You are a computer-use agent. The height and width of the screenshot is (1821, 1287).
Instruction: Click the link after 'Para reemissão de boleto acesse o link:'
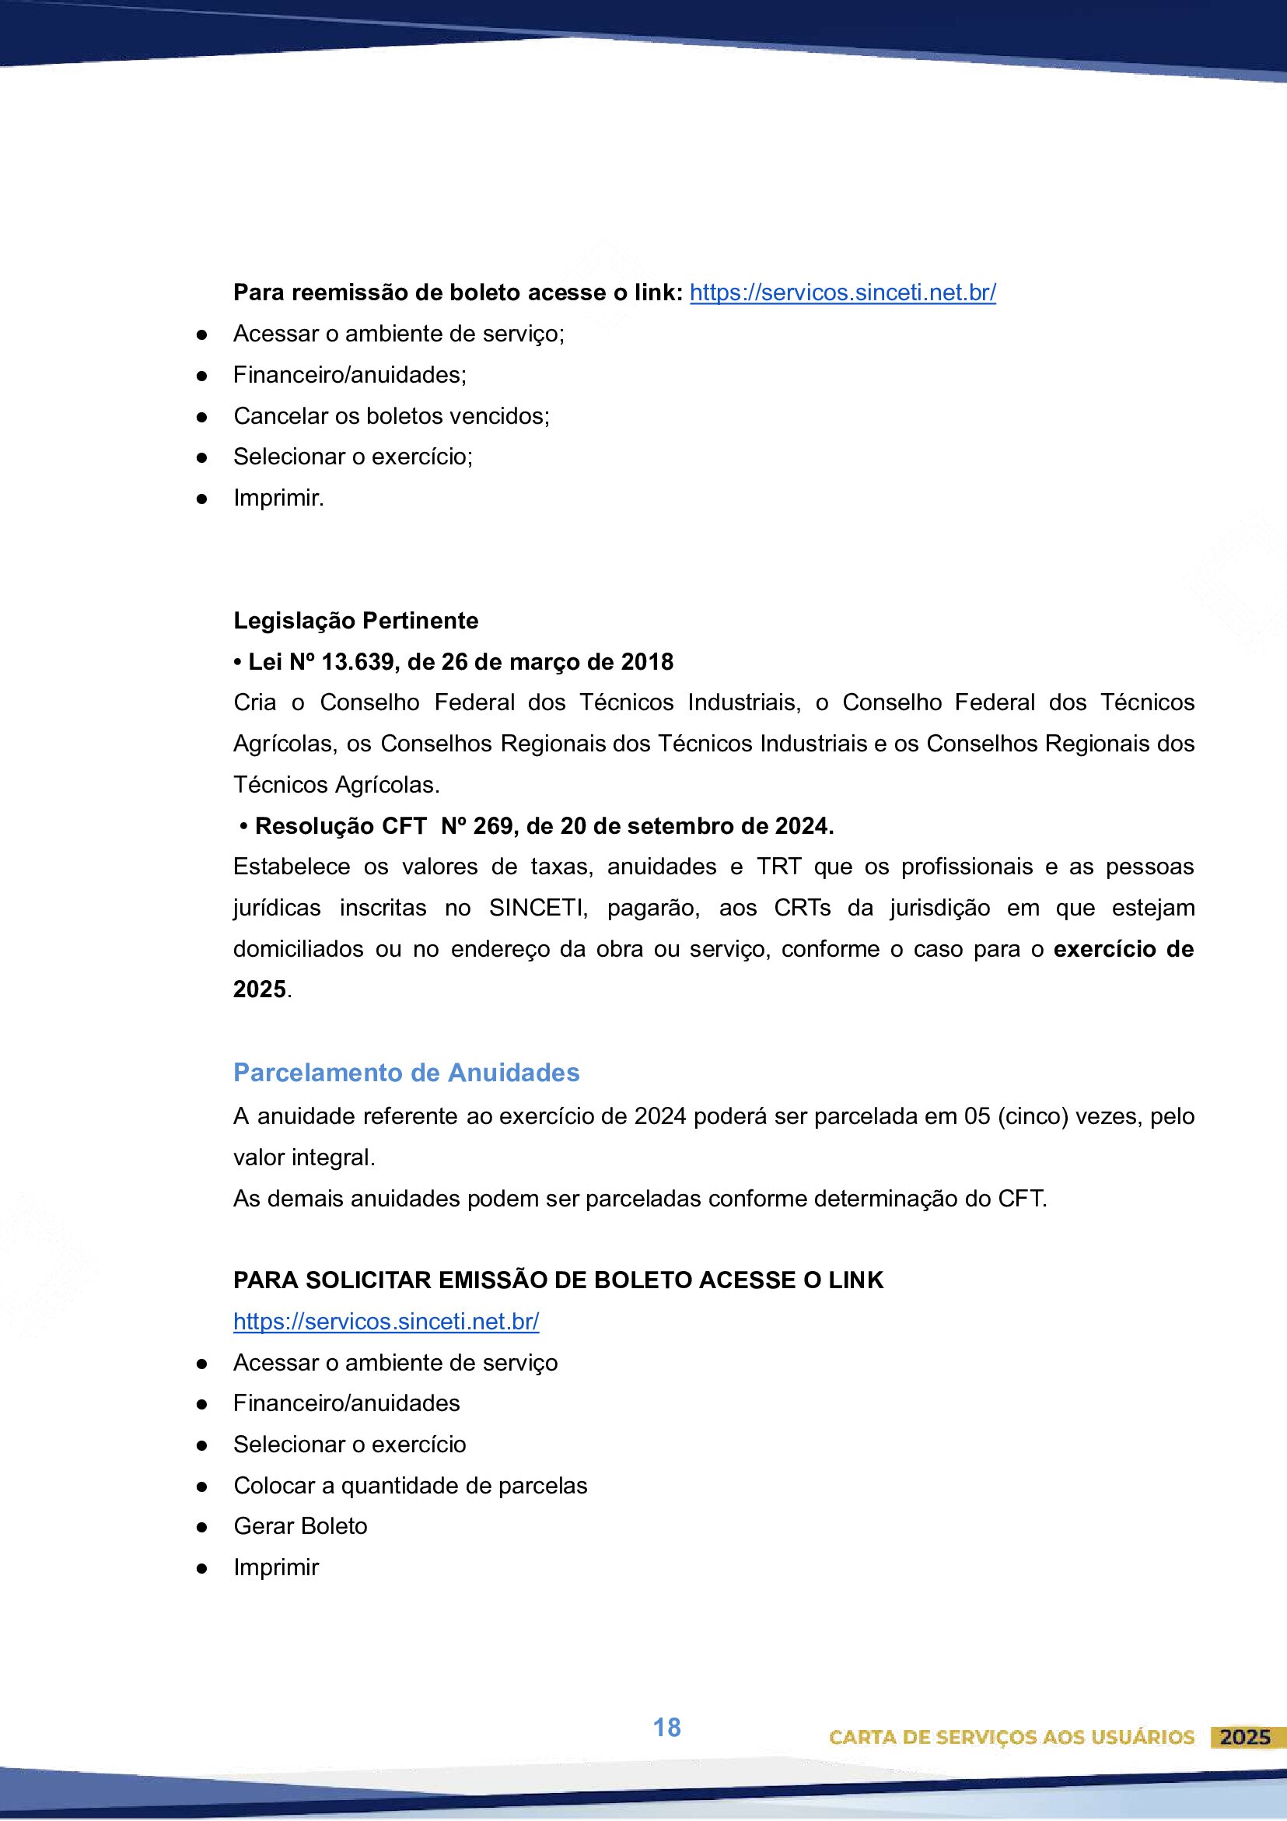click(x=842, y=292)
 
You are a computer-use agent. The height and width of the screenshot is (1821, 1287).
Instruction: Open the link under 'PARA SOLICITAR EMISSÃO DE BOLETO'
click(x=386, y=1322)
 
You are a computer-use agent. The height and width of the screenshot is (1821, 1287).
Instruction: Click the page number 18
click(x=666, y=1728)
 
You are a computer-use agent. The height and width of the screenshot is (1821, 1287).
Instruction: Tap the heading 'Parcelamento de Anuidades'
click(x=406, y=1072)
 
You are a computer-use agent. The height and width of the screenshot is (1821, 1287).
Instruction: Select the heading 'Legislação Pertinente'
click(x=355, y=620)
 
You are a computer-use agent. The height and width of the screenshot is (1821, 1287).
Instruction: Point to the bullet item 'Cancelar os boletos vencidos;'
click(x=391, y=415)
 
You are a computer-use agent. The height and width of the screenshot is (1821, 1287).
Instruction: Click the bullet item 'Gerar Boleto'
click(x=299, y=1526)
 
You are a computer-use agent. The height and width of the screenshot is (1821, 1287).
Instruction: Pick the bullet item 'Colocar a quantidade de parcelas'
click(x=410, y=1485)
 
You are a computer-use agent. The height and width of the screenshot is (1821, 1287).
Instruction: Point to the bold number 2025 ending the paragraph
click(x=259, y=989)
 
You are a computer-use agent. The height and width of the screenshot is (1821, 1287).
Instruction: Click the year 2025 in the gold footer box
click(x=1245, y=1737)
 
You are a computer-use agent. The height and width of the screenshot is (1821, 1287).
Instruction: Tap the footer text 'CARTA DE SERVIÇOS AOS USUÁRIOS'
click(x=1011, y=1737)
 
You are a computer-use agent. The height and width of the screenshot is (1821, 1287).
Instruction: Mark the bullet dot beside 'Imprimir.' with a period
click(x=202, y=499)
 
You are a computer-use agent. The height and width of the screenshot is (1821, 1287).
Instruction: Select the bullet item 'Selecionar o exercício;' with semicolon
click(x=353, y=457)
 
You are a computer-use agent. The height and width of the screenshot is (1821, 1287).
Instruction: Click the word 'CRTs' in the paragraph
click(x=803, y=907)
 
